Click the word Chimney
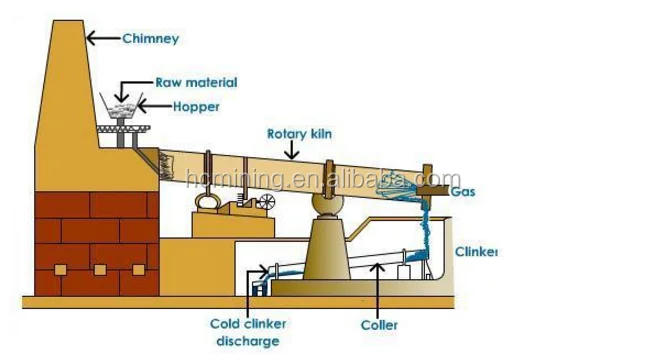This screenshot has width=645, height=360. pyautogui.click(x=150, y=40)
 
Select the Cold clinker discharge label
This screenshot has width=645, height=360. pyautogui.click(x=243, y=332)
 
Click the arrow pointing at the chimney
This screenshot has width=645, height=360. pyautogui.click(x=100, y=39)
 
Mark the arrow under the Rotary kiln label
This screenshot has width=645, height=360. pyautogui.click(x=291, y=151)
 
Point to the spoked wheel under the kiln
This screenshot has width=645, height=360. pyautogui.click(x=266, y=203)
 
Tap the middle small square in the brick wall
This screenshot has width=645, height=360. pyautogui.click(x=99, y=270)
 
